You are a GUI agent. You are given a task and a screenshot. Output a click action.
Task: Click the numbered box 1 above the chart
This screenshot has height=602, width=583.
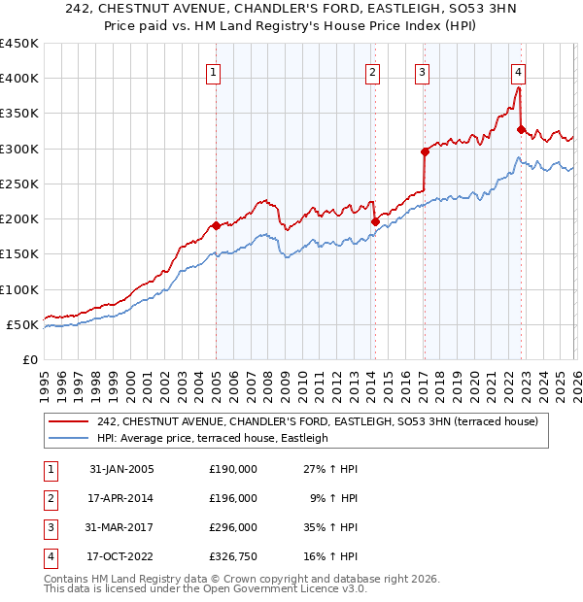213,71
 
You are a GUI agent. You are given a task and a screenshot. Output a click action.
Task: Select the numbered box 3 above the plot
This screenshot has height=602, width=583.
423,71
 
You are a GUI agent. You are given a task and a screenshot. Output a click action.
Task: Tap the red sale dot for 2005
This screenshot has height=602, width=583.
216,225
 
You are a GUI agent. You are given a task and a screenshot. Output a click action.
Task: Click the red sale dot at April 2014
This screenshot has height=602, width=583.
374,221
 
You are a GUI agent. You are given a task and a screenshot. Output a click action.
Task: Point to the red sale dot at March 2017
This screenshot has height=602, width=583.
425,151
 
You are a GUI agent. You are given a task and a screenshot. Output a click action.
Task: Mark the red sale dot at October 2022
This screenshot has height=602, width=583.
522,129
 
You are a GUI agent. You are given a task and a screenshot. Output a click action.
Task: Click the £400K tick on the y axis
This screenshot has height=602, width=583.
18,79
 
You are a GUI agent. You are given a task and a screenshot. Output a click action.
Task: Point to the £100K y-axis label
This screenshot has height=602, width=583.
18,289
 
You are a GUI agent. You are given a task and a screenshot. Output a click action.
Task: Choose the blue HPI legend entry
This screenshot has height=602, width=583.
213,438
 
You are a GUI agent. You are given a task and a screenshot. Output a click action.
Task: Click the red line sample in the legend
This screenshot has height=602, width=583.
70,421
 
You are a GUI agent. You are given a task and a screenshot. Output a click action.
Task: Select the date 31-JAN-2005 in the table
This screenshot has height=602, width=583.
121,469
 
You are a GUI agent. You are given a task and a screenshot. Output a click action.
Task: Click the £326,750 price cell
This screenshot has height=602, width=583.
233,556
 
